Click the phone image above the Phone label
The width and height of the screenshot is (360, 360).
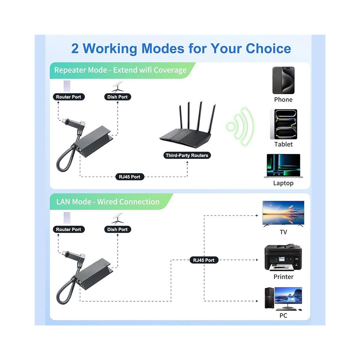tap(283, 80)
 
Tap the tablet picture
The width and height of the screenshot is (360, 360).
tap(284, 124)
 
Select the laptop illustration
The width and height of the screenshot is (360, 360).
tap(283, 166)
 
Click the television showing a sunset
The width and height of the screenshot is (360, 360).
tap(283, 213)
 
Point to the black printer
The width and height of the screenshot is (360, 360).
tap(283, 258)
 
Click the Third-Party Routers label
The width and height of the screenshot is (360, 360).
tap(187, 155)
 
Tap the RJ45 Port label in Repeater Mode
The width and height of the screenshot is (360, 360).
tap(129, 177)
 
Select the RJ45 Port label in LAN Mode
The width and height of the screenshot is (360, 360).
tap(204, 260)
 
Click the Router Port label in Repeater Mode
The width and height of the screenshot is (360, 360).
tap(69, 97)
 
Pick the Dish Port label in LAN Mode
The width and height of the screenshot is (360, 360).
tap(117, 229)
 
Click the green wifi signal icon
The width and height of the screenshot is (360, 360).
tap(240, 127)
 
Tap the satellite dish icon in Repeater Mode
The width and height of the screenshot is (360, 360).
tap(117, 87)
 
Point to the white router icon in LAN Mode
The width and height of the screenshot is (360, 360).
tap(67, 218)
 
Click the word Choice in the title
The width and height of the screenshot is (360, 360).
tap(268, 48)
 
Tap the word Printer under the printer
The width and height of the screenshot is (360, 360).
tap(283, 277)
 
